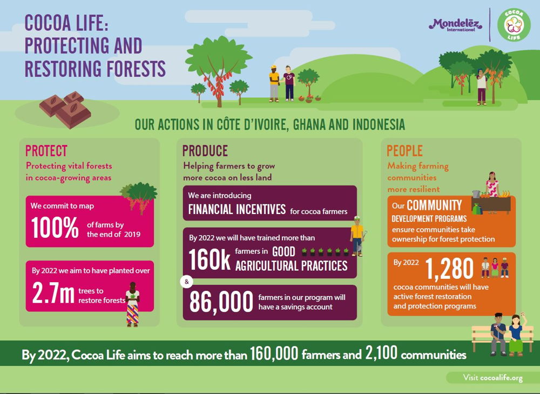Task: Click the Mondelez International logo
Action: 455,25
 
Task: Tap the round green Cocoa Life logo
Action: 514,25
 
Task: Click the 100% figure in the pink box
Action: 55,228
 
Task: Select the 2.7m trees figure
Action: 53,293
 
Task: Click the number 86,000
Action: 221,302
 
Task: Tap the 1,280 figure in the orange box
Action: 449,269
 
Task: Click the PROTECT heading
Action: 46,151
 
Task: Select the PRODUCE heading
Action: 205,151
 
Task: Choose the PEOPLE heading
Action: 404,151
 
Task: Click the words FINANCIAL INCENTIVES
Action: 237,209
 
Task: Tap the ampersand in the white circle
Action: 187,282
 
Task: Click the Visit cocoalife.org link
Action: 493,378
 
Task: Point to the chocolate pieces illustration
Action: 65,109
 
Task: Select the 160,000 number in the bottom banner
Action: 274,353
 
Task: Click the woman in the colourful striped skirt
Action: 133,304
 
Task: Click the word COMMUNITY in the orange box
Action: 434,205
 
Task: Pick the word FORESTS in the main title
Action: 137,69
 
